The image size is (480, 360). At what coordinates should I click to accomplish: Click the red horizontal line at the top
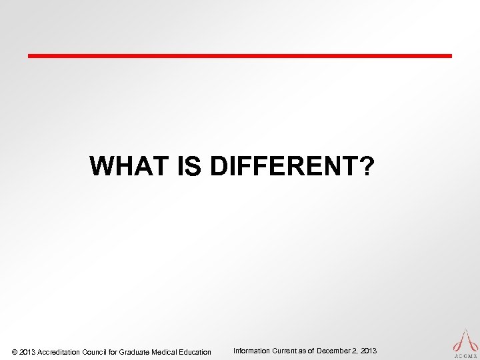[240, 55]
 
